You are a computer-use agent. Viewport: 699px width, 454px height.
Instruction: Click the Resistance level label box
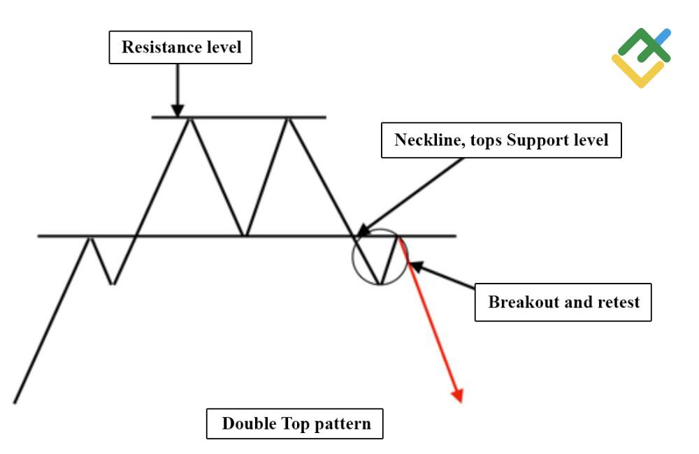coord(181,47)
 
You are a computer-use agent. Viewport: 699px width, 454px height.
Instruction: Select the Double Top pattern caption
coord(295,423)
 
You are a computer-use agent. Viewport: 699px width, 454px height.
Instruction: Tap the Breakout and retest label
coord(563,302)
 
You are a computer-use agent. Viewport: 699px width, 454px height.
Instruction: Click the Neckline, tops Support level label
coord(500,140)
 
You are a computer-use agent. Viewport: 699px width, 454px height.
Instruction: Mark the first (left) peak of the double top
coord(189,118)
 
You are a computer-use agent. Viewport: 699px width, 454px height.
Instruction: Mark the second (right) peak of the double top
coord(287,118)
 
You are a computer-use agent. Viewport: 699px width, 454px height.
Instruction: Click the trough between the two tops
coord(243,235)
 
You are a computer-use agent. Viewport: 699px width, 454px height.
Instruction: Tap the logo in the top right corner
coord(641,57)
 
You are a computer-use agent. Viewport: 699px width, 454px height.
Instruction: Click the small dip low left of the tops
coord(112,284)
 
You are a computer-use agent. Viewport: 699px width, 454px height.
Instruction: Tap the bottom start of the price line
coord(15,402)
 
